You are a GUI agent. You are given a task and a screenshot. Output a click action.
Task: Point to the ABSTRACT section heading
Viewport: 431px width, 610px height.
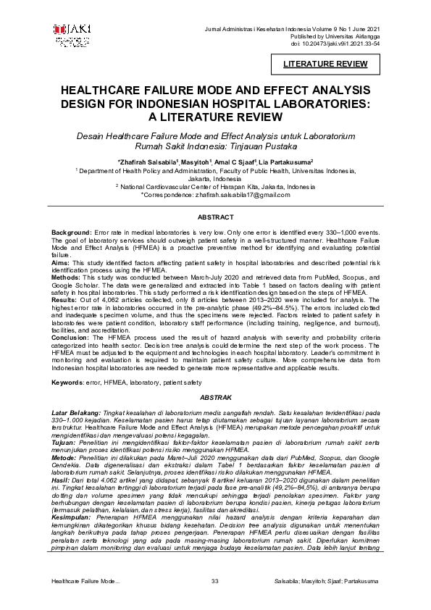(x=214, y=217)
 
